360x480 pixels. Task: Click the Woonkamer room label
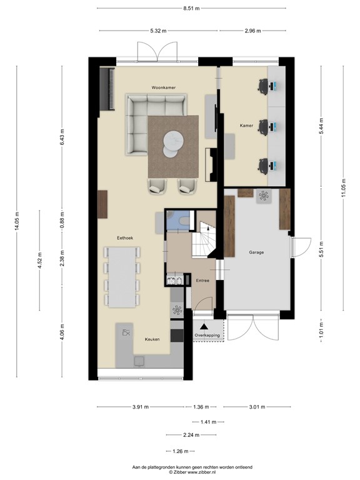162,87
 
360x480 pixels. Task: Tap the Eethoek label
125,238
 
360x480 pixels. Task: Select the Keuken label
152,339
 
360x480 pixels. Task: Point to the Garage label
256,252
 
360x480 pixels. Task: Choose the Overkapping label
207,336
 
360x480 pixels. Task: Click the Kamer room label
246,126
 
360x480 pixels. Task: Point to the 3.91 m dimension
141,407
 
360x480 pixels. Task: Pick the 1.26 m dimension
180,451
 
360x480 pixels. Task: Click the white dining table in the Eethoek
122,277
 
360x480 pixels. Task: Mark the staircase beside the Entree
205,239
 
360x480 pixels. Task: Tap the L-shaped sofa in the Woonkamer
147,119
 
